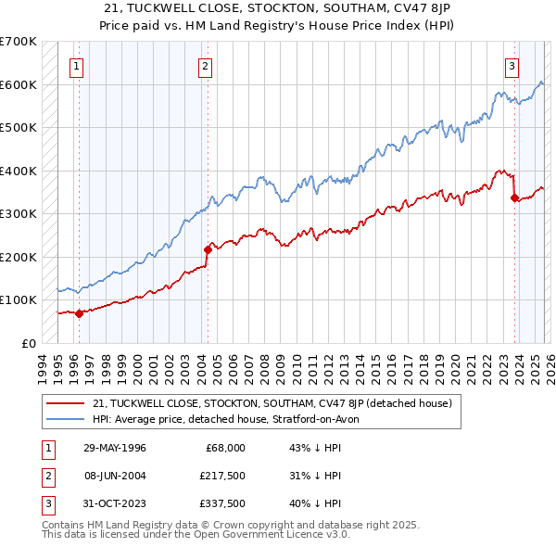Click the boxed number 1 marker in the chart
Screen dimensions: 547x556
(75, 66)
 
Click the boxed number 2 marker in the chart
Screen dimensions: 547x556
(204, 66)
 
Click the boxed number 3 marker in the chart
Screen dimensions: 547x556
(512, 66)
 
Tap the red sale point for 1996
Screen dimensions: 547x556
(80, 313)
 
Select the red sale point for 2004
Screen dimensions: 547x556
(208, 248)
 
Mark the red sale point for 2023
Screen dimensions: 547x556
(514, 197)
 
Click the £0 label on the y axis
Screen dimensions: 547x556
(28, 343)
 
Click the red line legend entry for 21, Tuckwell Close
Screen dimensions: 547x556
(272, 403)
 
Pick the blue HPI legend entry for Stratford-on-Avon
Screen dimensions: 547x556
(232, 419)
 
